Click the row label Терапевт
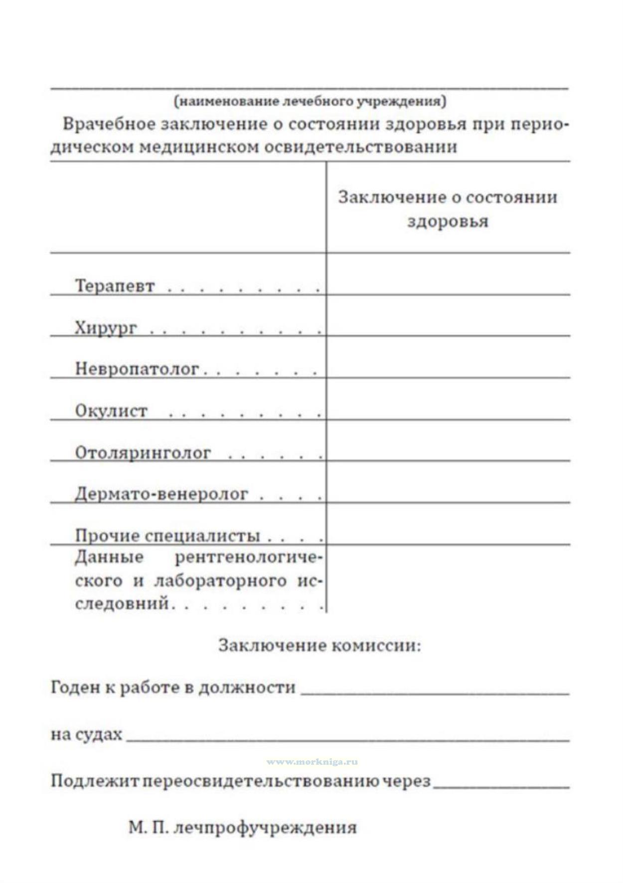tap(115, 286)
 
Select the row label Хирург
tap(106, 328)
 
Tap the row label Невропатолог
tap(137, 369)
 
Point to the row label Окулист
tap(111, 411)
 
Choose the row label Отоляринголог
tap(143, 453)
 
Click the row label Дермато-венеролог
tap(161, 494)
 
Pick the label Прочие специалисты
tap(167, 536)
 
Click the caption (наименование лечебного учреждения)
tap(310, 102)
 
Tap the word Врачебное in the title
tap(109, 124)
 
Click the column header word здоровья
tap(448, 221)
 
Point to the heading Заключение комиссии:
tap(319, 646)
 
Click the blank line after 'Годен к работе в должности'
tap(435, 688)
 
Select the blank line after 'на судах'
tap(347, 735)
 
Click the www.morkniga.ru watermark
tap(312, 762)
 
